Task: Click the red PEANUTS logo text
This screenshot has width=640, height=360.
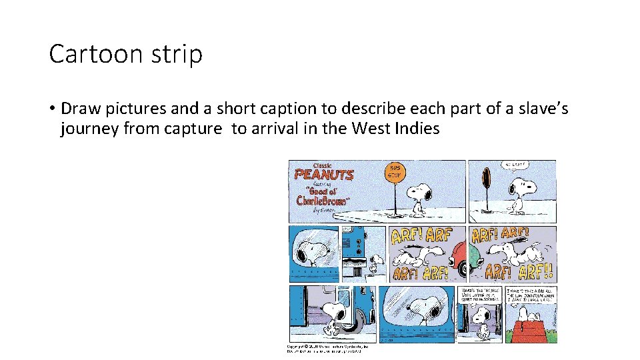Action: [x=325, y=175]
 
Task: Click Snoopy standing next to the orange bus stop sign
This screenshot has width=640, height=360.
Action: [x=418, y=195]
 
